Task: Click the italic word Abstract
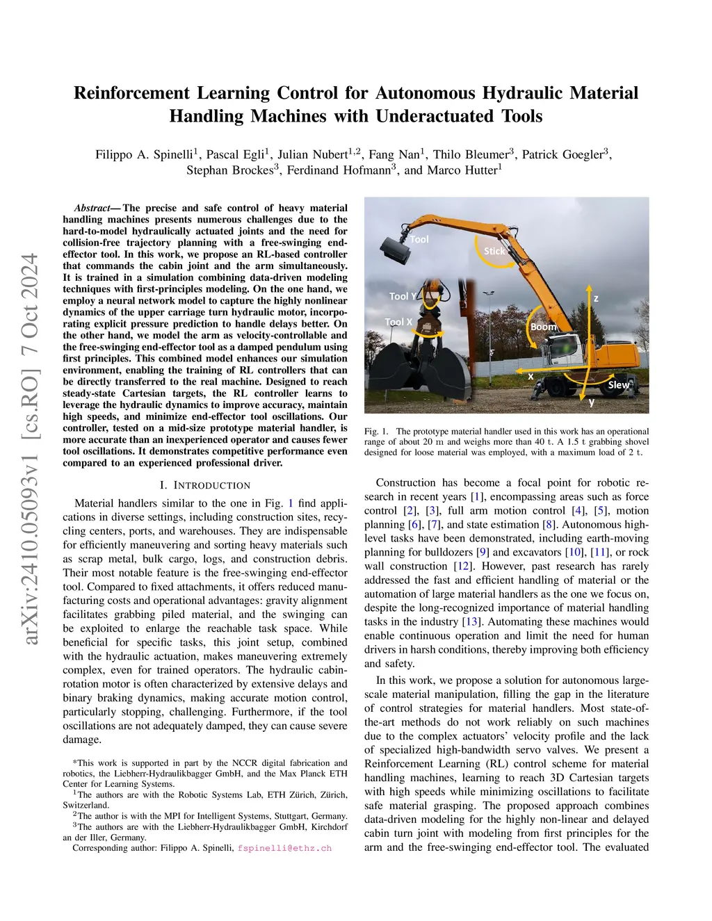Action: (92, 208)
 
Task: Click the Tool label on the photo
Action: (419, 239)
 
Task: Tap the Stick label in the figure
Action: (494, 251)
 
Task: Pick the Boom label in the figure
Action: (543, 326)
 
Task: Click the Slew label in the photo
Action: (618, 384)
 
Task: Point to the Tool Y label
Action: (403, 296)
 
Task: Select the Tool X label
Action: (399, 322)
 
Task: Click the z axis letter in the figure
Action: (596, 298)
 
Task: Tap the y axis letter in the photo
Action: (592, 402)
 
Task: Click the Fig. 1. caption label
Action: (376, 432)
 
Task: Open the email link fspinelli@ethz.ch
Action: (284, 848)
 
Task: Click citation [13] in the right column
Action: (471, 621)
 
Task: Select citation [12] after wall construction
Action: (462, 566)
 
